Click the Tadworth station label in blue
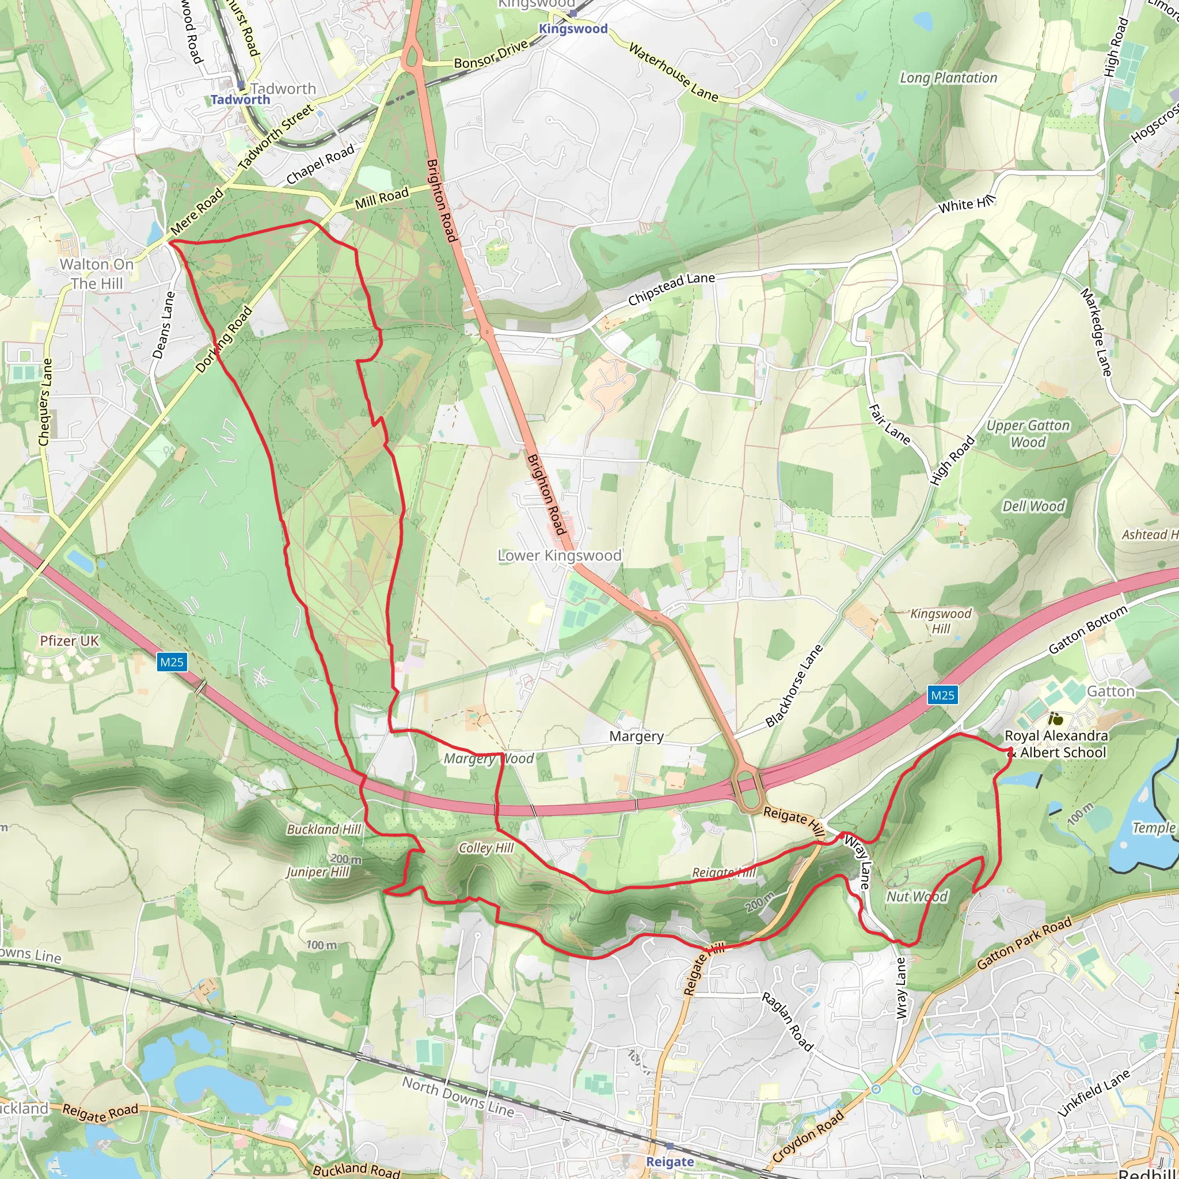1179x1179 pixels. pyautogui.click(x=240, y=100)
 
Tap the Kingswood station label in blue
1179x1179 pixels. pyautogui.click(x=572, y=29)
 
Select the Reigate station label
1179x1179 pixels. pyautogui.click(x=670, y=1162)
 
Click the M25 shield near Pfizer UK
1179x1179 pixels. pyautogui.click(x=172, y=662)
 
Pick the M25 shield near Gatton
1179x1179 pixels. pyautogui.click(x=942, y=695)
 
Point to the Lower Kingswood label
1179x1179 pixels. pyautogui.click(x=559, y=556)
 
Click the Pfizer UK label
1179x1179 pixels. pyautogui.click(x=69, y=641)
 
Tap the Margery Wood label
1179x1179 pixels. pyautogui.click(x=488, y=759)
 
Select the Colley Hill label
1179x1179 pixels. pyautogui.click(x=486, y=847)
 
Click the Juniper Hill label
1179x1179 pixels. pyautogui.click(x=317, y=872)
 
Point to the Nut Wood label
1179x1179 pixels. pyautogui.click(x=916, y=896)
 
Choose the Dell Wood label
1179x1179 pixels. pyautogui.click(x=1033, y=506)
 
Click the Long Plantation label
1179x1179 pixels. pyautogui.click(x=948, y=78)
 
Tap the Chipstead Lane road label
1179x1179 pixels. pyautogui.click(x=671, y=288)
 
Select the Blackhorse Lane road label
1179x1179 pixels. pyautogui.click(x=794, y=686)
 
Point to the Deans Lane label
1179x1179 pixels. pyautogui.click(x=163, y=325)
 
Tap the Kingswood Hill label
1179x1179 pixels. pyautogui.click(x=941, y=621)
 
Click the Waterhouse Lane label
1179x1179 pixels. pyautogui.click(x=673, y=72)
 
